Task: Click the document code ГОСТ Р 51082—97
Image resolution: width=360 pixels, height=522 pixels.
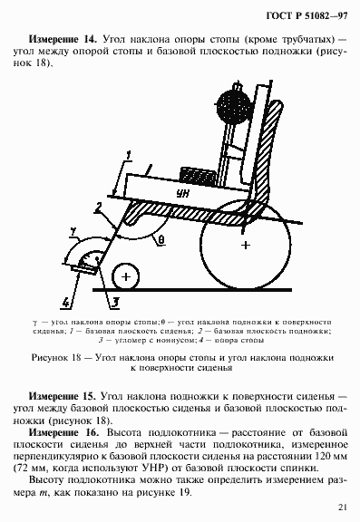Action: tap(306, 18)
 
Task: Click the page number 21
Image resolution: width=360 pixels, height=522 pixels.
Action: tap(340, 506)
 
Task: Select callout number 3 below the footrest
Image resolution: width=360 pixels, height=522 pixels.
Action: tap(116, 300)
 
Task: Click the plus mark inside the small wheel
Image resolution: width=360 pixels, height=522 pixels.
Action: tap(128, 275)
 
